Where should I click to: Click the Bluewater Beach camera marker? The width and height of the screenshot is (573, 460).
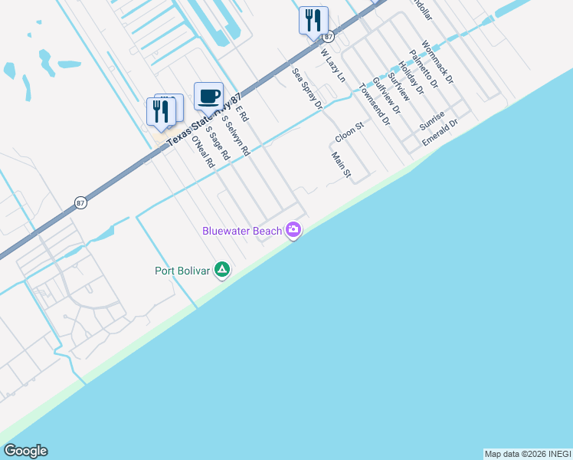coord(293,229)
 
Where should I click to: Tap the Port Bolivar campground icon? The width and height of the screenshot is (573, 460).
coord(222,269)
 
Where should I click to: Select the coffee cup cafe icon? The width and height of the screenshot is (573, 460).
coord(208,97)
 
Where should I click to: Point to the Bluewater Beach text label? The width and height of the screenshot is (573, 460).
coord(241,231)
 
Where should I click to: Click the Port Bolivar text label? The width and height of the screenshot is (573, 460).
coord(183,271)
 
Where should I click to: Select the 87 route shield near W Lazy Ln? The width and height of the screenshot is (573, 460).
coord(329,36)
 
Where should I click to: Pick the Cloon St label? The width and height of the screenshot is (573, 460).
coord(348,131)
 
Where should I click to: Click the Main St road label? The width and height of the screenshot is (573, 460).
coord(341,166)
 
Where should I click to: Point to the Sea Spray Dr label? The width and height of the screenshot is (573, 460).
coord(307,88)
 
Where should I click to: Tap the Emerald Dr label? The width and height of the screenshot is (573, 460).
coord(440,133)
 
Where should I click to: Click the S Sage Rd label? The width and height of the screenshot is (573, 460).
coord(217,142)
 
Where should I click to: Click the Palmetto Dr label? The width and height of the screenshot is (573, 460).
coord(422,68)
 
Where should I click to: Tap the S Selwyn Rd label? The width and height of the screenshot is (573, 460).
coord(236,136)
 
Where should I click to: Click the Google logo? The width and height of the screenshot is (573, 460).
coord(25,451)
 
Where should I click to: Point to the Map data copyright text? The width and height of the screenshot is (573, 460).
coord(527,454)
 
